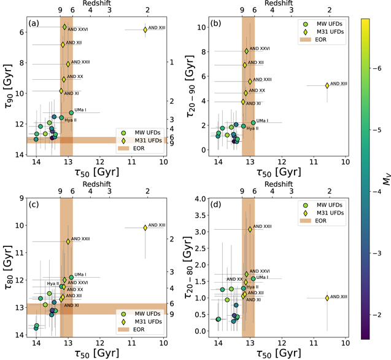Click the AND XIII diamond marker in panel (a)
tap(145, 29)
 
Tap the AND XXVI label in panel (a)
tap(76, 28)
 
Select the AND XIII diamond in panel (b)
tap(327, 85)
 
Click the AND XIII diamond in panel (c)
tap(145, 228)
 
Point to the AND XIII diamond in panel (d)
tap(327, 298)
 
